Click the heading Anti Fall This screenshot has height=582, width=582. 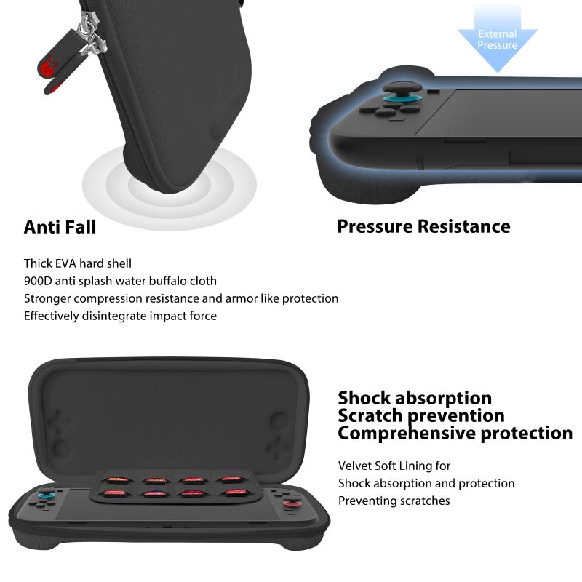[60, 227]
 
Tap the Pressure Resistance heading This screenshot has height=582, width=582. [423, 226]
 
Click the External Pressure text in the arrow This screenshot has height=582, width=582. [498, 39]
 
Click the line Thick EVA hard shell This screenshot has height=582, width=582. [78, 263]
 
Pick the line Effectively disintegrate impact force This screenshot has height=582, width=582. [120, 316]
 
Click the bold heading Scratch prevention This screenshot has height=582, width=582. [421, 415]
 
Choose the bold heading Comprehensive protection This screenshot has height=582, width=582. [455, 433]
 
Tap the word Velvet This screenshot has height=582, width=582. [355, 466]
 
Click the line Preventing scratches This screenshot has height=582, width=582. [394, 501]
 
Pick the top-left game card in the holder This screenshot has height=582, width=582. [116, 479]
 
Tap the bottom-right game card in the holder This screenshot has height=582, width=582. [234, 493]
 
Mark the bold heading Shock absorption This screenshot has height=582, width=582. [415, 398]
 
